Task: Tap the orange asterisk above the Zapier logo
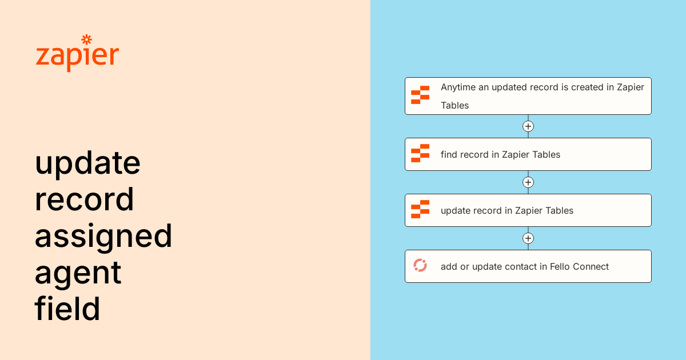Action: [x=87, y=39]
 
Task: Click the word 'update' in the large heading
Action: [x=87, y=163]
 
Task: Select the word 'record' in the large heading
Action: [x=84, y=199]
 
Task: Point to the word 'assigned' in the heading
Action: [x=103, y=237]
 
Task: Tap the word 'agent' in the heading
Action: [x=78, y=273]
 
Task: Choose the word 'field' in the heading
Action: [x=67, y=309]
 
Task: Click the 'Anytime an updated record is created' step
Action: [x=528, y=96]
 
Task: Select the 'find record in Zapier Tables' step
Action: [x=528, y=154]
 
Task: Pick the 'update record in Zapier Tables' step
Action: [x=528, y=210]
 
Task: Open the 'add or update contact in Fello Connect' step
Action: [x=528, y=266]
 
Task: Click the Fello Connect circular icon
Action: [x=420, y=266]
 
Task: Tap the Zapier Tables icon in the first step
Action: [x=420, y=95]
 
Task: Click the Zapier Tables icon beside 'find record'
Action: [x=420, y=154]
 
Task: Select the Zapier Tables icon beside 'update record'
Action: [x=420, y=210]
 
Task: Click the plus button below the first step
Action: [x=528, y=126]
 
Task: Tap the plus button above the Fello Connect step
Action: [x=528, y=238]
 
